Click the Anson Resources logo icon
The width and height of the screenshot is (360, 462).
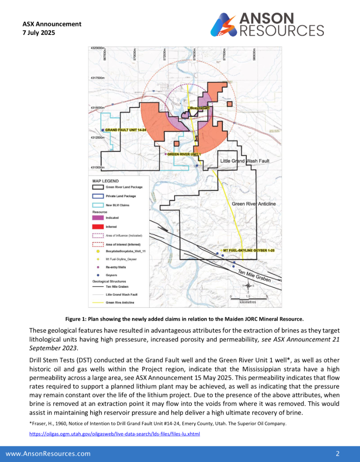224,25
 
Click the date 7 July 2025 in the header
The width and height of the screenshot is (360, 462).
39,33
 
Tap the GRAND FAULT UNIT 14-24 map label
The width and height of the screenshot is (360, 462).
126,130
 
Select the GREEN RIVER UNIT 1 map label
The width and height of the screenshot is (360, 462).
184,154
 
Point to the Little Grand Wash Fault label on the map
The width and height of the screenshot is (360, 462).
244,161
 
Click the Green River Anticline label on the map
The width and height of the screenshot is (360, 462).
254,204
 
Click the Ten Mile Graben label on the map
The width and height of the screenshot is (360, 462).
254,276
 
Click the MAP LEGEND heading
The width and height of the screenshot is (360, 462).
106,181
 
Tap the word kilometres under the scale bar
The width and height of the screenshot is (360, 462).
248,302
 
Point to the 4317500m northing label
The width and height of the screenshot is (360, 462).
97,78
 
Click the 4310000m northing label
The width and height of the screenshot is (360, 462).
97,168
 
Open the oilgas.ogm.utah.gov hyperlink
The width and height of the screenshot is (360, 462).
115,434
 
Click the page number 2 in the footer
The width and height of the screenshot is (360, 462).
338,454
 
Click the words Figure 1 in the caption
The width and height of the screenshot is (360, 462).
75,318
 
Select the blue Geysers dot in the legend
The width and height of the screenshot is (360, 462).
98,275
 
